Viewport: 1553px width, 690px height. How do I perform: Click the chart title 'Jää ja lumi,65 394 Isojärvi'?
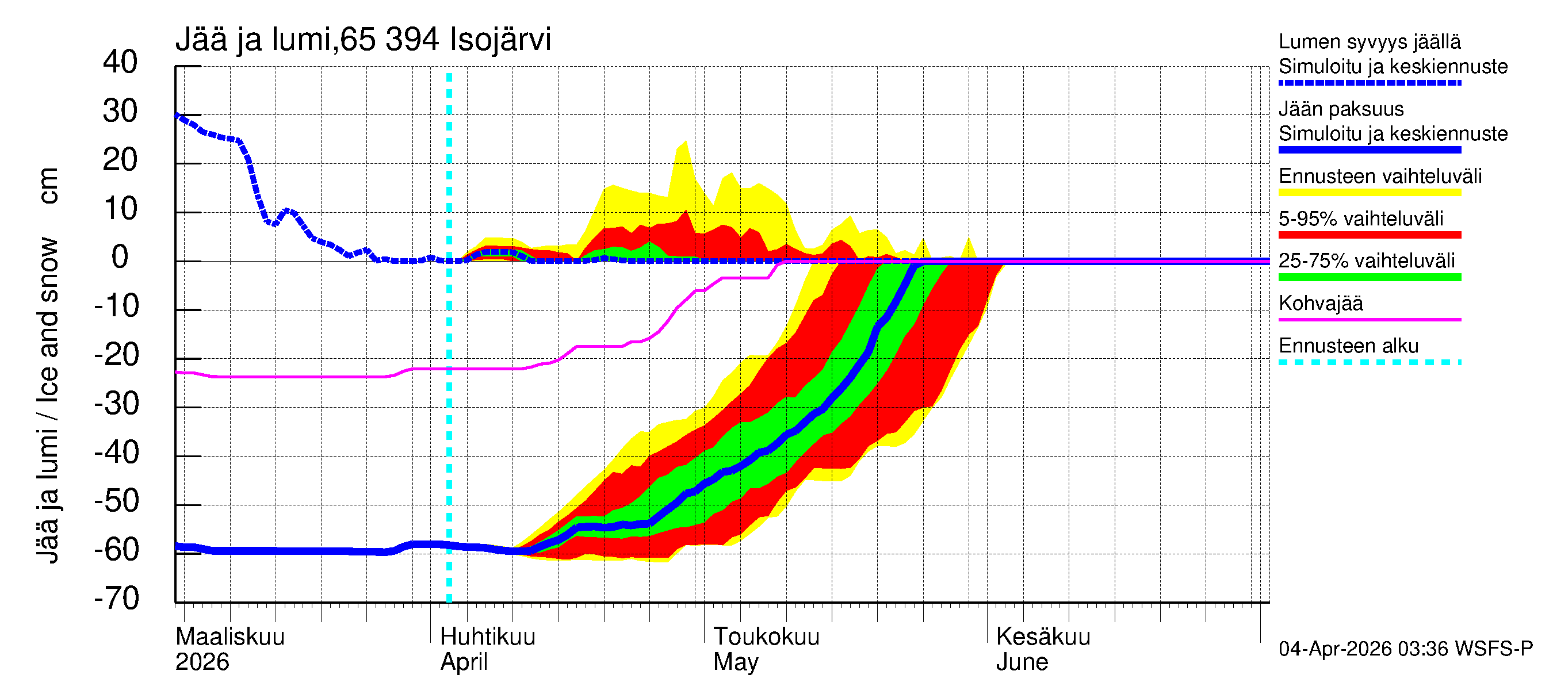[x=363, y=40]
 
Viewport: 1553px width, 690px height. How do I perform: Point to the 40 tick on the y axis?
[x=120, y=62]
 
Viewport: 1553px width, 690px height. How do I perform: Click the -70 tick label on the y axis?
[x=116, y=599]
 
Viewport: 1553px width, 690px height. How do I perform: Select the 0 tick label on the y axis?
[x=120, y=258]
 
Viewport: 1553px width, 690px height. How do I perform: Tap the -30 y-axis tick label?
[x=116, y=404]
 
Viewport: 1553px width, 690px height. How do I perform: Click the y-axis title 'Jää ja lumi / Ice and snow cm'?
[x=48, y=365]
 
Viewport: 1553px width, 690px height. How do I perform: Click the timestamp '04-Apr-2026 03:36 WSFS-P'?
[x=1405, y=649]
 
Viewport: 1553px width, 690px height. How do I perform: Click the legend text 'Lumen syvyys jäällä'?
[x=1369, y=42]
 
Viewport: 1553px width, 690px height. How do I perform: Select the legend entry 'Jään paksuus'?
[x=1341, y=109]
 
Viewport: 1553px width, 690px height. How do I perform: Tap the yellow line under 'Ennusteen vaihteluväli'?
[x=1369, y=193]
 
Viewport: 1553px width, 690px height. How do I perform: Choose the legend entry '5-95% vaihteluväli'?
[x=1361, y=218]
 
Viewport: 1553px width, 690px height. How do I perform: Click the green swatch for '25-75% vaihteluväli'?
[x=1369, y=277]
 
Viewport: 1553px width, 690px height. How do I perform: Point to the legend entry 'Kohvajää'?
[x=1320, y=303]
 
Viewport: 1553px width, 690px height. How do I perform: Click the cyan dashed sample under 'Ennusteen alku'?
[x=1369, y=362]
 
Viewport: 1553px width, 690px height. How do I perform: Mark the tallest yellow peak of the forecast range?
[x=685, y=142]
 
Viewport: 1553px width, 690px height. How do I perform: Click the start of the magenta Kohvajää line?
[x=177, y=373]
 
